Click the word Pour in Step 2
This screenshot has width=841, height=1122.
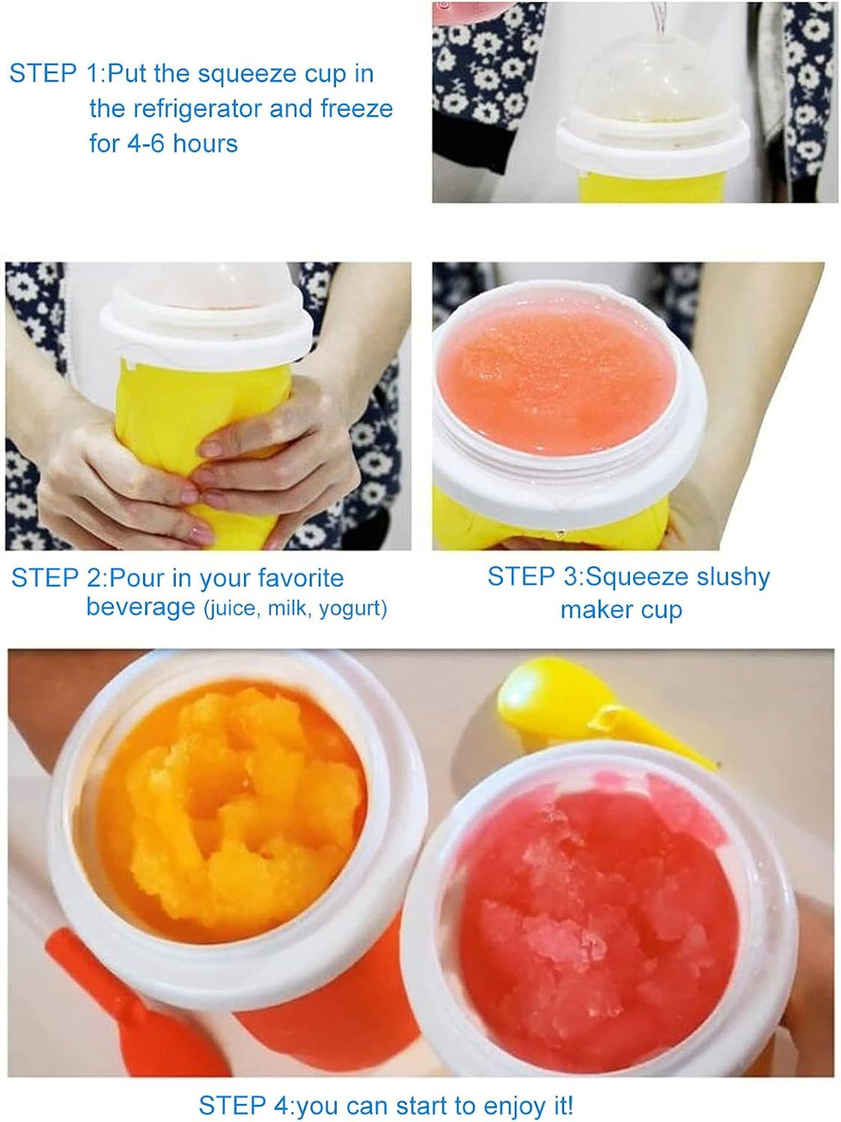136,579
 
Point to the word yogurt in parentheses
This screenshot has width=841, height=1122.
352,609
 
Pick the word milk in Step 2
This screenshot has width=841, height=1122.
288,609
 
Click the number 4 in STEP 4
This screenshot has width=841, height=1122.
282,1106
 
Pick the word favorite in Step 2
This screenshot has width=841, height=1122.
301,579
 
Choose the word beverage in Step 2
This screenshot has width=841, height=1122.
140,608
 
